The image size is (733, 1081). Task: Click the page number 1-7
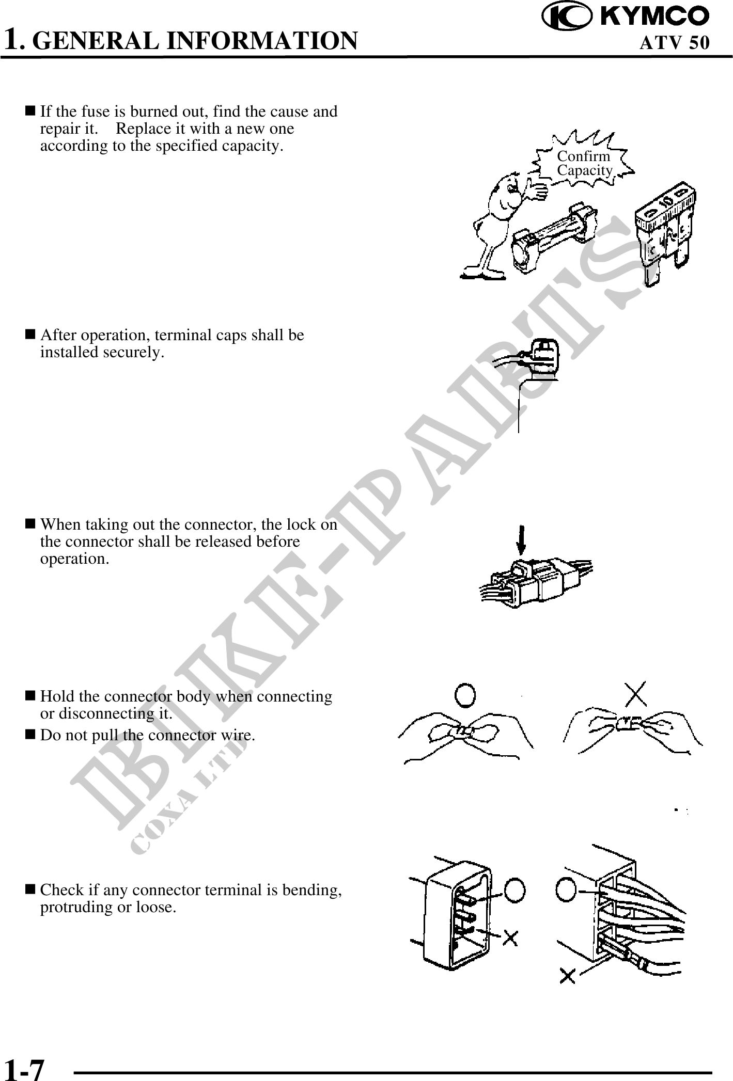(x=25, y=1067)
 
